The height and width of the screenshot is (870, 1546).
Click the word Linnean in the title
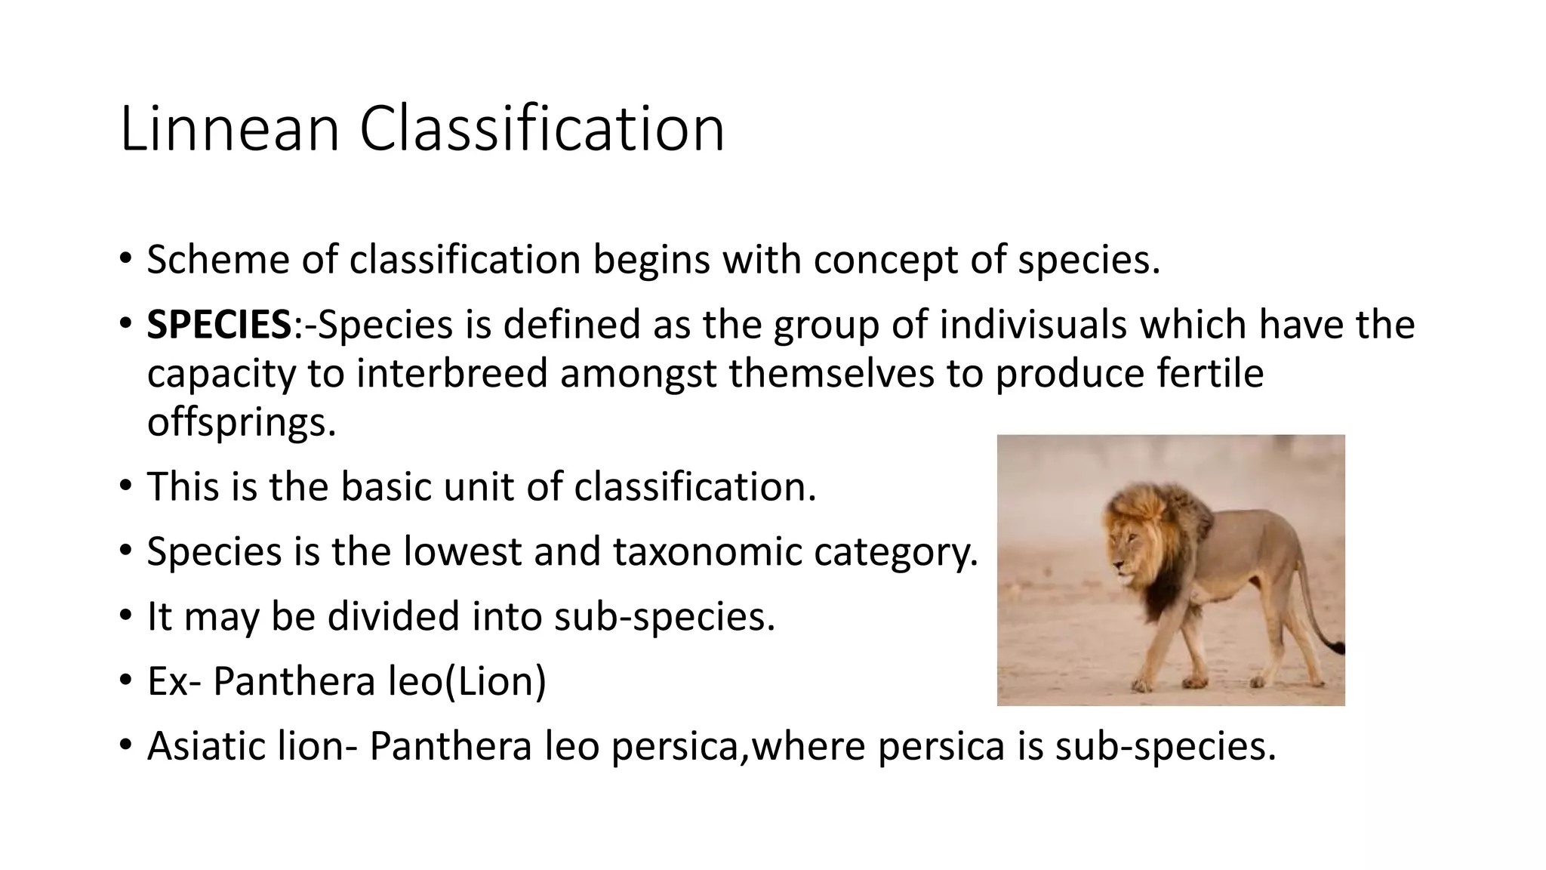(x=229, y=129)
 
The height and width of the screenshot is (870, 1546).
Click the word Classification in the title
(x=541, y=129)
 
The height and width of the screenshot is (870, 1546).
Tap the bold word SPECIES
(x=219, y=325)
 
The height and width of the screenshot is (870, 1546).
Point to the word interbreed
(x=451, y=374)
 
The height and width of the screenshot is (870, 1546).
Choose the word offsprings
(x=241, y=422)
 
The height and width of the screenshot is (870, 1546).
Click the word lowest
(x=462, y=551)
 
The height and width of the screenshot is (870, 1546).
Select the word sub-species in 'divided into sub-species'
(x=664, y=616)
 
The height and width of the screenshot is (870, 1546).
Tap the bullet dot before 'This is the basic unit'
(x=125, y=486)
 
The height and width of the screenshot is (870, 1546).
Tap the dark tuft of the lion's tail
(x=1336, y=646)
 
